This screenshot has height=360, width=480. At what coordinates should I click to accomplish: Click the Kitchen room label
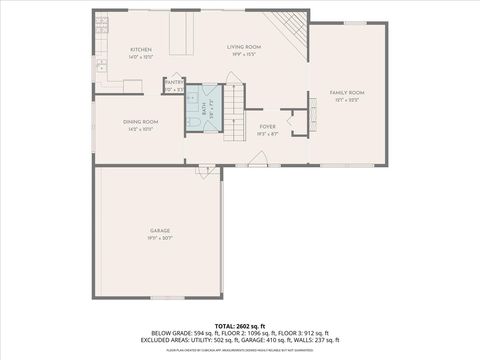139,50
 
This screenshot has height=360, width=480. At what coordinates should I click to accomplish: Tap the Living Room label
243,46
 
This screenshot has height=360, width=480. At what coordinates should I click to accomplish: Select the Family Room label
348,93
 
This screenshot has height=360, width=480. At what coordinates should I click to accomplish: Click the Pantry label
174,83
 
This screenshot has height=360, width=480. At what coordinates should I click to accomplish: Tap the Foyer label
268,126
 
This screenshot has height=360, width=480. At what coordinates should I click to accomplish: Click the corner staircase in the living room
290,25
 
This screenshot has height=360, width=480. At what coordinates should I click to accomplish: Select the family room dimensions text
348,100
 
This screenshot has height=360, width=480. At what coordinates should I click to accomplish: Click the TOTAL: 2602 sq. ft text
240,326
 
